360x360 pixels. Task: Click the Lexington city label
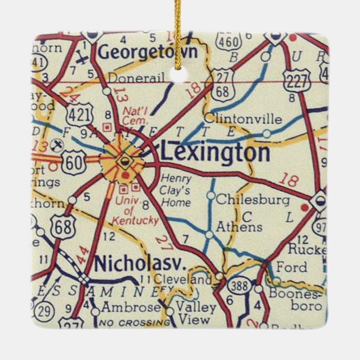tap(215, 153)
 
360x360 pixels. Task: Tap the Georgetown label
tap(148, 52)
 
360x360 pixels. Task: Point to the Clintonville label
tap(243, 119)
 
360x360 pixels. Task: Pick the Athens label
tap(239, 227)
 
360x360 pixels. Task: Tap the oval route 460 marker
tap(230, 40)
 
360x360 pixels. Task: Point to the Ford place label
tap(291, 267)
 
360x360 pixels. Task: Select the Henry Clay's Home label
tap(176, 190)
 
